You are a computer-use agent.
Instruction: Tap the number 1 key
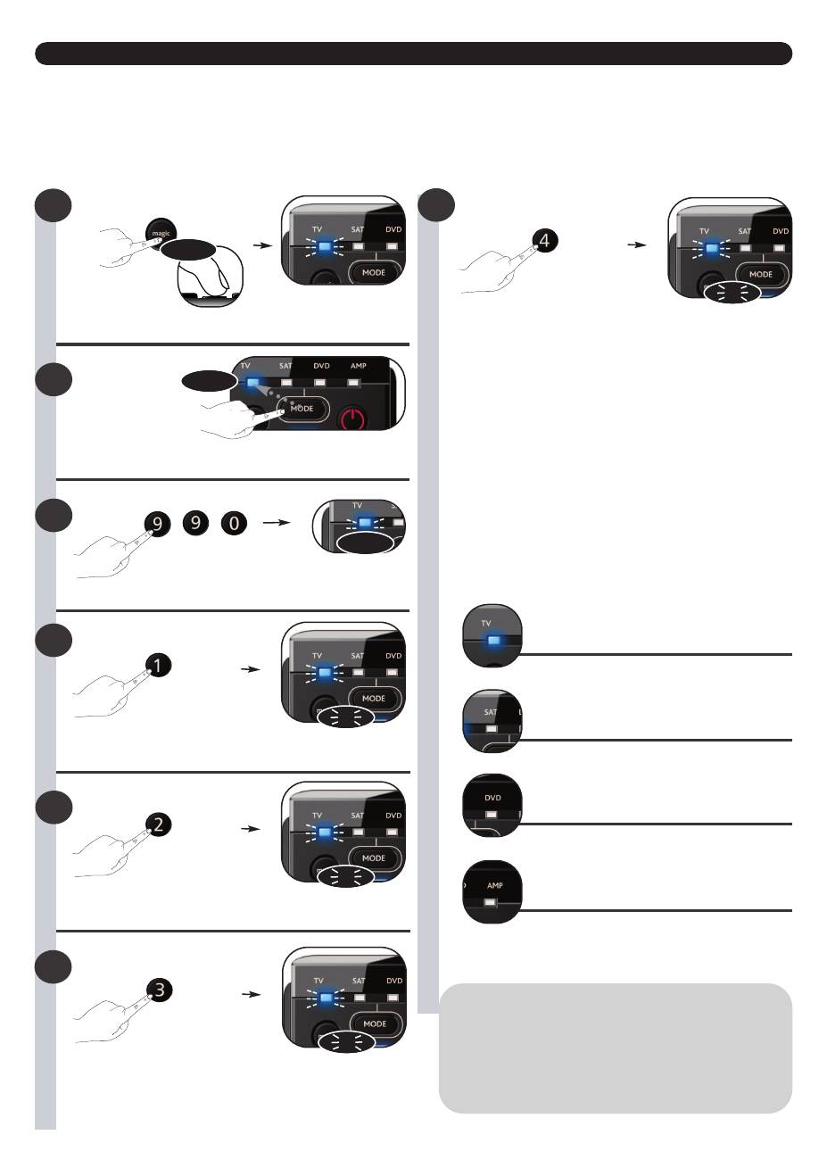click(x=158, y=666)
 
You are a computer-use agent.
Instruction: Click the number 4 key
click(x=544, y=240)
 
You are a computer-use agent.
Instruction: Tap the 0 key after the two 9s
click(x=234, y=525)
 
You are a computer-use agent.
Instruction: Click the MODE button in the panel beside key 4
click(x=760, y=274)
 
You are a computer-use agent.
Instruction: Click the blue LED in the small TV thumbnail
click(x=493, y=640)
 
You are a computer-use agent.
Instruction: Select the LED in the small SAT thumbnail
click(x=492, y=727)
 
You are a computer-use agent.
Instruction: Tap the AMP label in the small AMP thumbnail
click(x=494, y=886)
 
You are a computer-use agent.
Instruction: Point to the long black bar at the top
click(x=413, y=54)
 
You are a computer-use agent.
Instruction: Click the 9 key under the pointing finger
click(x=158, y=525)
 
